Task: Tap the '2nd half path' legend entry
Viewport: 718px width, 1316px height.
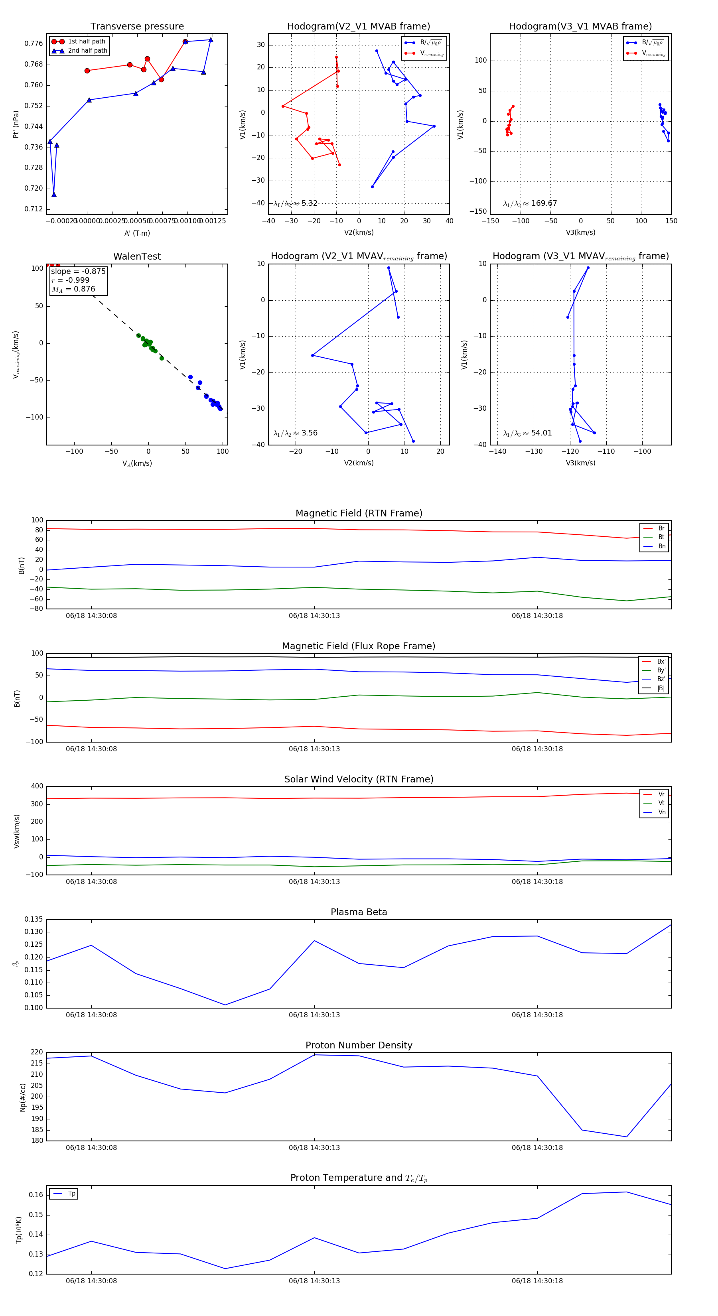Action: point(87,51)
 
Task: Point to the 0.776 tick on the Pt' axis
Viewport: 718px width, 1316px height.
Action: point(34,43)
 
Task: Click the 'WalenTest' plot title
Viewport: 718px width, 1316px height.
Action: point(137,256)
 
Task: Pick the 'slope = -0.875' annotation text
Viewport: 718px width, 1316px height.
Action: point(78,271)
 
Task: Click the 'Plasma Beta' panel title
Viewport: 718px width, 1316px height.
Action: point(359,912)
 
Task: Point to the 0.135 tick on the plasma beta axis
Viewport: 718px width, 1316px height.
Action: point(34,920)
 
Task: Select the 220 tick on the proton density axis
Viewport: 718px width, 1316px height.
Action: point(37,1052)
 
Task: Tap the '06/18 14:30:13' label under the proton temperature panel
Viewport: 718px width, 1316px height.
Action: point(314,1281)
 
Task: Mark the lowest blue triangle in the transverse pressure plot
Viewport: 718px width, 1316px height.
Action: point(54,195)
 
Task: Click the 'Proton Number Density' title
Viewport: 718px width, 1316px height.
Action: point(359,1045)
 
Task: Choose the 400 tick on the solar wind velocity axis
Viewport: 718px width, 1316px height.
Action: point(37,786)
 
